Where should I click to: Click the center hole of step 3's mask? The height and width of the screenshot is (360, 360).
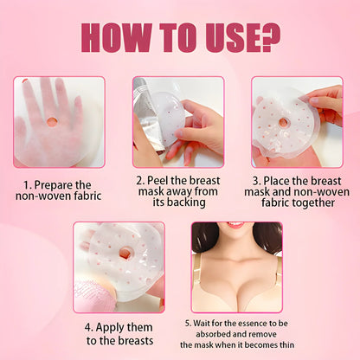point(283,122)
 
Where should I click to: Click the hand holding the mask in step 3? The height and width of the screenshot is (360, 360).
point(327,102)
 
